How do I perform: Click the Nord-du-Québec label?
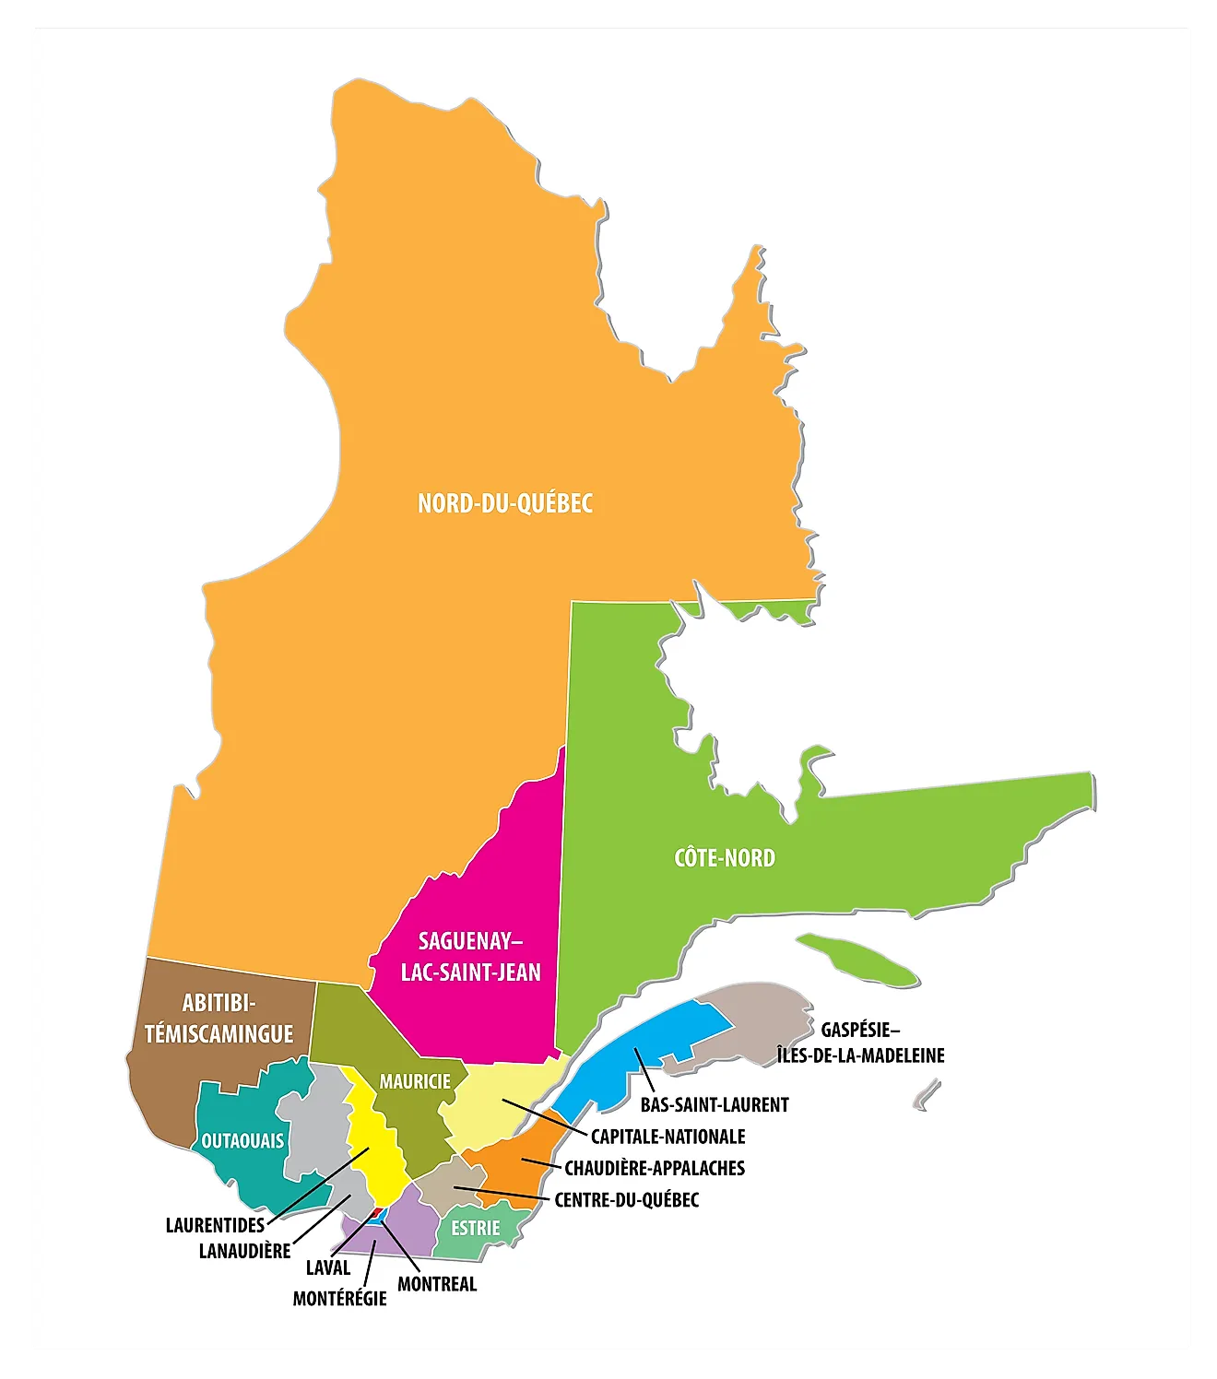[504, 503]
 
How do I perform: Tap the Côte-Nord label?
[725, 858]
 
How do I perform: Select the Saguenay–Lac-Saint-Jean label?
[470, 957]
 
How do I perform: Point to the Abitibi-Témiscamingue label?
[219, 1019]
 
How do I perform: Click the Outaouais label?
[242, 1141]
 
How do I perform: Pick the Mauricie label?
[415, 1081]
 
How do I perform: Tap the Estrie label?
[475, 1228]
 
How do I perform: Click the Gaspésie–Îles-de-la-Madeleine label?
[860, 1043]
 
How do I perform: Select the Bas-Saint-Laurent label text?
[715, 1104]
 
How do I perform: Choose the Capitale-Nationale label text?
[668, 1137]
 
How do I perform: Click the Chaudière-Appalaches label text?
[655, 1168]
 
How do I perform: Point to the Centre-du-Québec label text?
[626, 1200]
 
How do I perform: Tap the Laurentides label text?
[215, 1225]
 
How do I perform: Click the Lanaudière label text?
[244, 1251]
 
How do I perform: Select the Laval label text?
[328, 1267]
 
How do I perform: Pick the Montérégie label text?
[339, 1299]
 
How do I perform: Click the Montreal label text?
[437, 1284]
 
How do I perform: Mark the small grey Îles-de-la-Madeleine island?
[927, 1095]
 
